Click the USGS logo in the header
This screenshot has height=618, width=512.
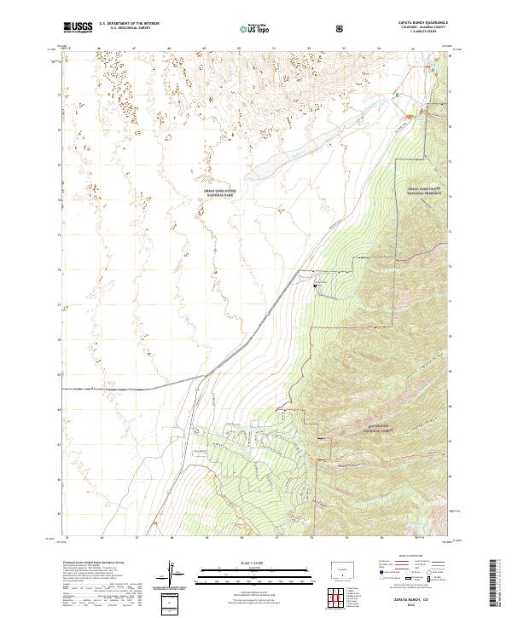click(79, 27)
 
